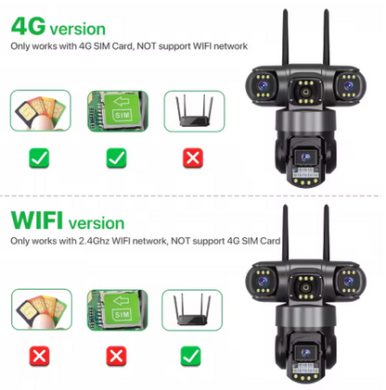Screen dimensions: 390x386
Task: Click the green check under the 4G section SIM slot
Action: tap(116, 158)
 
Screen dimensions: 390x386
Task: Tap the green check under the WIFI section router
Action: tap(192, 356)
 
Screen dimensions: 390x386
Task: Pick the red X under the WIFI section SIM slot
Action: tap(115, 356)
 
